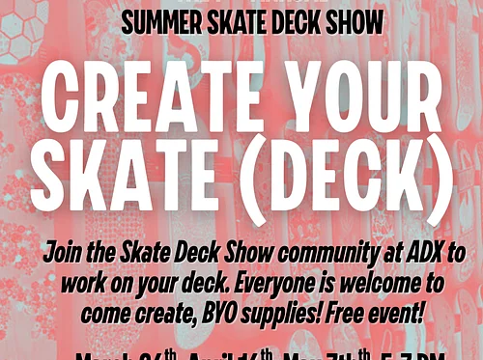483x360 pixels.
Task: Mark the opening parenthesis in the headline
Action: click(x=245, y=183)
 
